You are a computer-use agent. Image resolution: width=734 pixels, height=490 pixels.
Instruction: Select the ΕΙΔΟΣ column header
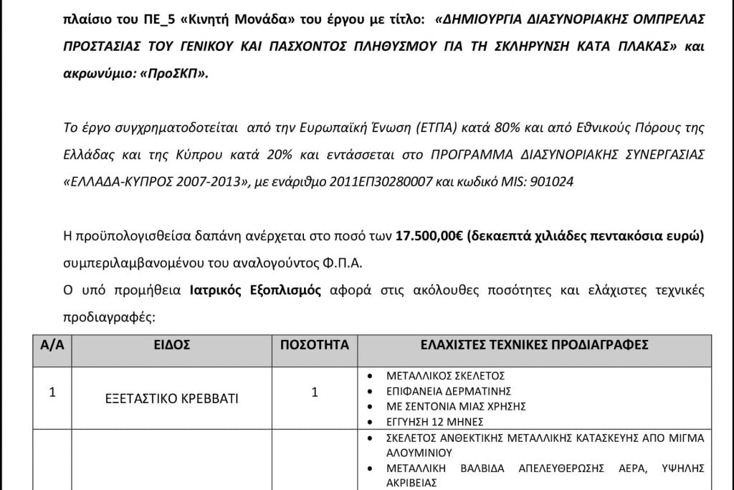click(x=172, y=345)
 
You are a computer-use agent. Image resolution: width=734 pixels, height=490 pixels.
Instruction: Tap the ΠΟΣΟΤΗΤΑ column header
click(x=315, y=345)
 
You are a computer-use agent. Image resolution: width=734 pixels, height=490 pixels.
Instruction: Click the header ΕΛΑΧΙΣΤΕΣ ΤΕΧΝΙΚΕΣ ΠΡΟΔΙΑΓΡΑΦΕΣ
click(x=535, y=345)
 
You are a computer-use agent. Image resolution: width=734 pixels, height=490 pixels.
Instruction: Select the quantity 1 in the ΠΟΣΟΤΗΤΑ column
click(x=315, y=392)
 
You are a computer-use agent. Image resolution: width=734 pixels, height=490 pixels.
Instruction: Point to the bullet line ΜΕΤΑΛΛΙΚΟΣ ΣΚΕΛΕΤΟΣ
click(x=446, y=375)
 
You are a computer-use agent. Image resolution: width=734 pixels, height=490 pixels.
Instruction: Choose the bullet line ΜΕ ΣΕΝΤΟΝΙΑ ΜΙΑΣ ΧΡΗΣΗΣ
click(x=456, y=406)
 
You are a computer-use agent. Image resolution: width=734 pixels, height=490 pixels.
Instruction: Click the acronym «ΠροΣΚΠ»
click(x=175, y=73)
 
